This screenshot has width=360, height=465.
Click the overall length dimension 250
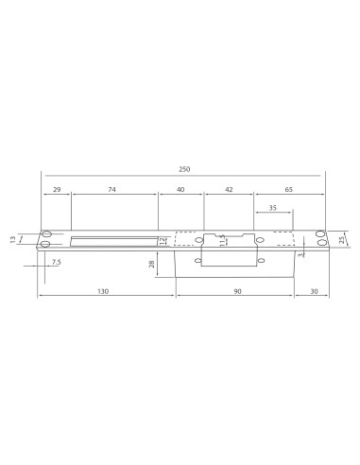(x=184, y=169)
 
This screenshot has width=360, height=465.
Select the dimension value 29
(x=57, y=190)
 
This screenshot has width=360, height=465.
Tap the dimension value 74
(x=111, y=190)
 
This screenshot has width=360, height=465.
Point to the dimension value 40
(x=180, y=190)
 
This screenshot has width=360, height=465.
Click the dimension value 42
(x=228, y=190)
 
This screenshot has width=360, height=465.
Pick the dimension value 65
(x=288, y=190)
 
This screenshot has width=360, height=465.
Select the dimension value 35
(x=273, y=208)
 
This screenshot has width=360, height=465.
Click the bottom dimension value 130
(x=103, y=292)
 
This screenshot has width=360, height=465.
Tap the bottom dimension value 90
(x=240, y=292)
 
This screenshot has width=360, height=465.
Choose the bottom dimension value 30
(x=314, y=292)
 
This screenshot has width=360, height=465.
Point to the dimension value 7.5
(x=56, y=262)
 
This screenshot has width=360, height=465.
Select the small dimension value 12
(x=163, y=240)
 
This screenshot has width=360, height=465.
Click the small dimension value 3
(x=299, y=255)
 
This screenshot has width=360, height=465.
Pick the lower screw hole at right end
(x=321, y=245)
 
